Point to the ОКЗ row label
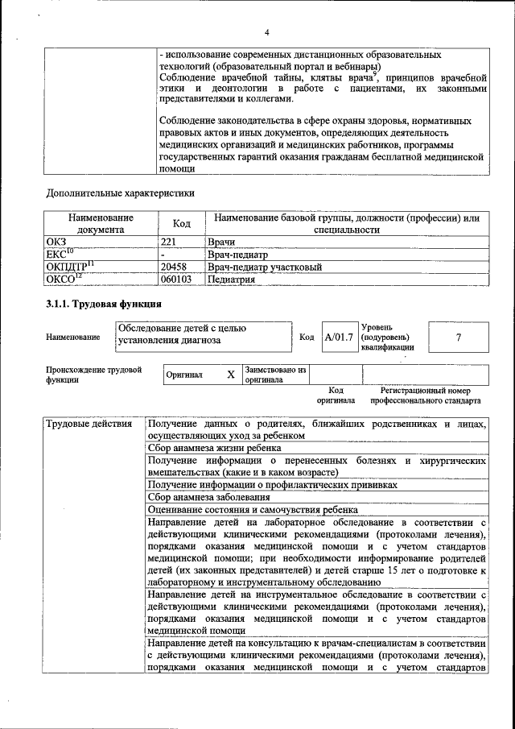coord(57,242)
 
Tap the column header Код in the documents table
coord(182,223)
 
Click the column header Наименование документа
coord(101,223)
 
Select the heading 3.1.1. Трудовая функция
coord(104,304)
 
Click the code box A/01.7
coord(339,337)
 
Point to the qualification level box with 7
coord(458,337)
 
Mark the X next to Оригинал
coord(230,375)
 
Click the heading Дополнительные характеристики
coord(120,193)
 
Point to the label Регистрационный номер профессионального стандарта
coord(426,395)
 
